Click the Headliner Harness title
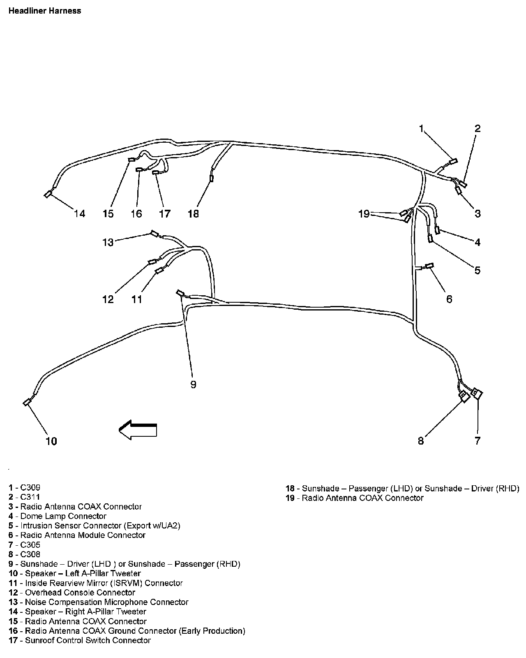point(45,11)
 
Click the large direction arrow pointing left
point(138,430)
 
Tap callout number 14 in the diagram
point(79,213)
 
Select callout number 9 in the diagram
point(193,385)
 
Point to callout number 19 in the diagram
point(364,214)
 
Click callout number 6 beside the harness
point(449,299)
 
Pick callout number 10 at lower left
point(51,441)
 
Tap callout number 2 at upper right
point(477,128)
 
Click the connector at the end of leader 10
point(27,402)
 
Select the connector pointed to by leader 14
point(48,194)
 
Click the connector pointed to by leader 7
point(478,393)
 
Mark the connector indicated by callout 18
point(212,178)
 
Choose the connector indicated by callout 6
point(429,266)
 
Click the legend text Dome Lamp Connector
point(63,516)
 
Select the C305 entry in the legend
point(30,545)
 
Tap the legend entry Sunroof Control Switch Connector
point(88,640)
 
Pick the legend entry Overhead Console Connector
point(80,593)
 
